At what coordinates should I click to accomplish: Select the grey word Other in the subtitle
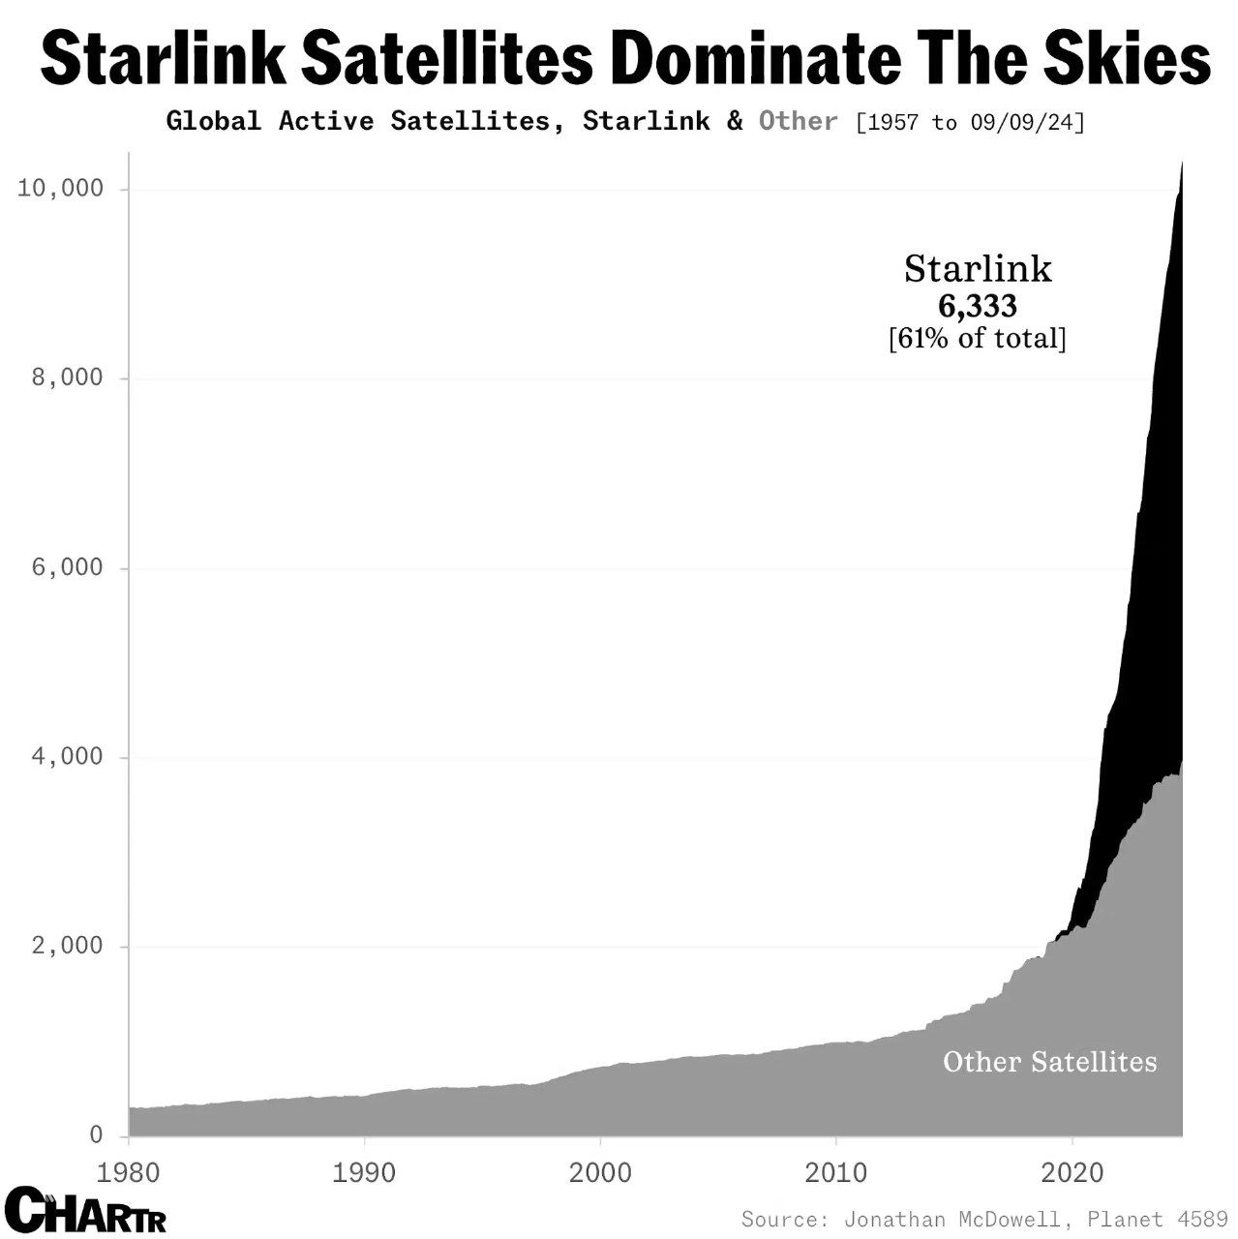[x=798, y=121]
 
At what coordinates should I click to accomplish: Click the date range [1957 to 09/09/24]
[x=971, y=122]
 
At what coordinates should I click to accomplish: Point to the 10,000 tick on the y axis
[x=60, y=188]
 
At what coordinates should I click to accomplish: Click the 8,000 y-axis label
[x=67, y=378]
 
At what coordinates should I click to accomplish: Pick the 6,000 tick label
[x=67, y=567]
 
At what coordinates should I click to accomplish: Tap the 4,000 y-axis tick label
[x=67, y=756]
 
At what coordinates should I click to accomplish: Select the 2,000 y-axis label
[x=67, y=946]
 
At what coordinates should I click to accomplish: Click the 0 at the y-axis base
[x=96, y=1134]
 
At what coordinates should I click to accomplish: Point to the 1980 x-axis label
[x=129, y=1172]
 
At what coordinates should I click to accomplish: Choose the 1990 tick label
[x=364, y=1172]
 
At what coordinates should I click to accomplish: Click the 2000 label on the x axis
[x=600, y=1172]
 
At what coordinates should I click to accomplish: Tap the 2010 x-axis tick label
[x=836, y=1172]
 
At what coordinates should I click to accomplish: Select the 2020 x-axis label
[x=1072, y=1172]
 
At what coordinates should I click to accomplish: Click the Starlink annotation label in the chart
[x=978, y=269]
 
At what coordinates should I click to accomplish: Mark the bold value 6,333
[x=978, y=306]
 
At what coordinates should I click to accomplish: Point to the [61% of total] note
[x=978, y=339]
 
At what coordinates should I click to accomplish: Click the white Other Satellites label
[x=1049, y=1062]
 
